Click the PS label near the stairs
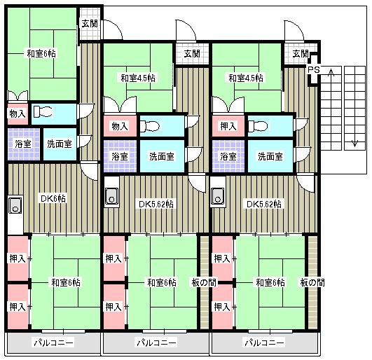(x=314, y=70)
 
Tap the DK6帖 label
(x=53, y=198)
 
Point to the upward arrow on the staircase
(x=331, y=72)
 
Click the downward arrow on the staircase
(x=354, y=144)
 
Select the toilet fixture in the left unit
(x=43, y=111)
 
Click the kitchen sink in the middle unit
(x=111, y=196)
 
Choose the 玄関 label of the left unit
(x=90, y=24)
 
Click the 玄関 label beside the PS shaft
(x=300, y=54)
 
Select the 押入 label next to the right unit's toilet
(x=228, y=126)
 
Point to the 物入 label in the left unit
(x=18, y=114)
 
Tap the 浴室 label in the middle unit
(x=120, y=156)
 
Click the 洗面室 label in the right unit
(x=270, y=156)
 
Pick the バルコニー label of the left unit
(x=54, y=342)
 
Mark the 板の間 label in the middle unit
(x=204, y=282)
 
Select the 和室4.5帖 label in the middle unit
(x=138, y=78)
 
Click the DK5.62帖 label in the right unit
(x=264, y=205)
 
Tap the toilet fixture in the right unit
(x=258, y=126)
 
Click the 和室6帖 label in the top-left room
(x=41, y=54)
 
